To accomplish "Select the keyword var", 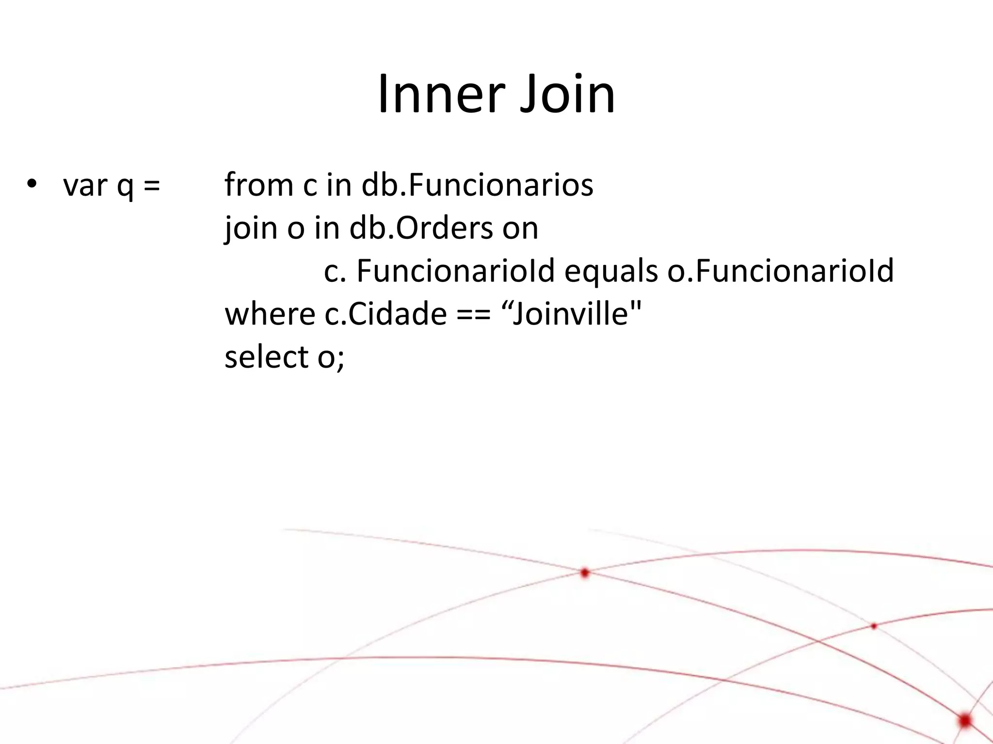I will point(85,185).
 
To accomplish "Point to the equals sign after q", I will point(152,186).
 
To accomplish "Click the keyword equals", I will point(611,271).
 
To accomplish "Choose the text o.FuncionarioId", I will point(781,271).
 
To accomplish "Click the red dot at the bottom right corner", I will point(965,720).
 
